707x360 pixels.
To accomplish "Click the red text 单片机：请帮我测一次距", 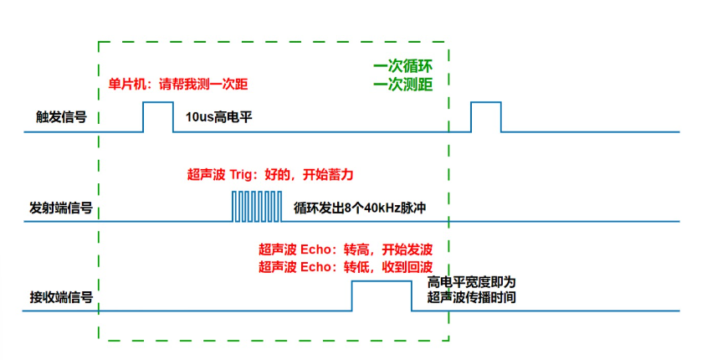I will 178,85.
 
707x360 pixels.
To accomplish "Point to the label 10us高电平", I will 213,118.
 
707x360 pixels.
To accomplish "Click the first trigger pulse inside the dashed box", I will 157,116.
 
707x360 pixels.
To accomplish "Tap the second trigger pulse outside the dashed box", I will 485,116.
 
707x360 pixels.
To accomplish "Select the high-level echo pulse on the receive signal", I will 382,296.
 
